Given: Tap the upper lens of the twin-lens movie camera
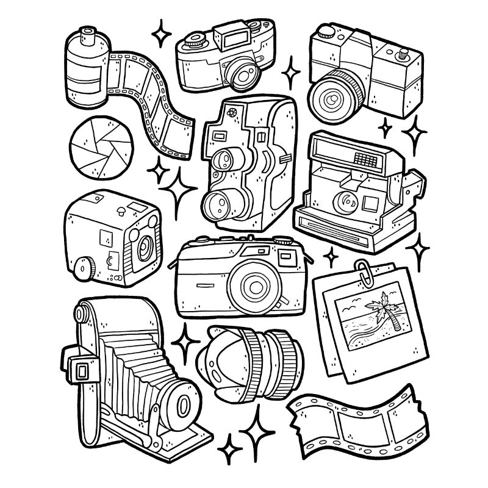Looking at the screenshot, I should tap(225, 160).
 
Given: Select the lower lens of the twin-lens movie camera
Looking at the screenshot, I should tap(218, 204).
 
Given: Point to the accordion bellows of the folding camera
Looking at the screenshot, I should tap(131, 367).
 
